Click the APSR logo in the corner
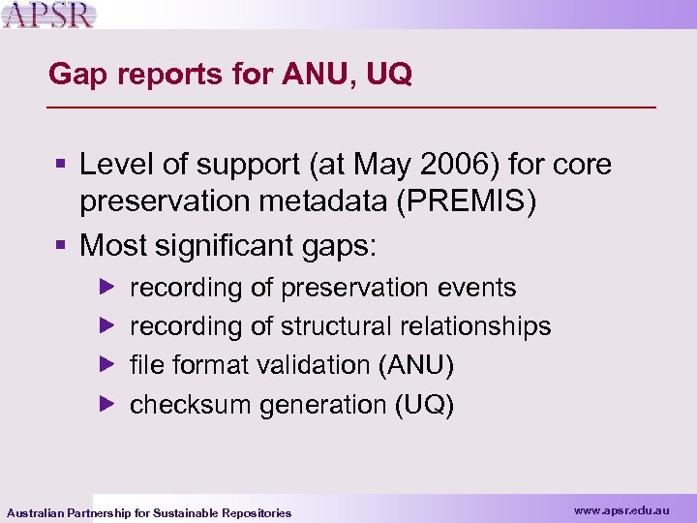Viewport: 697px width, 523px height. point(49,15)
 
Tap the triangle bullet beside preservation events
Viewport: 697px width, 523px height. point(107,288)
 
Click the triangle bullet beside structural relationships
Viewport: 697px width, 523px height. point(107,326)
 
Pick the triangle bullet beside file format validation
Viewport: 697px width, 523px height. point(107,365)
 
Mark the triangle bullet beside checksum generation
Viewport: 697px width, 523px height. point(107,404)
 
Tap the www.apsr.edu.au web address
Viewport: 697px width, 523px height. point(621,508)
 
